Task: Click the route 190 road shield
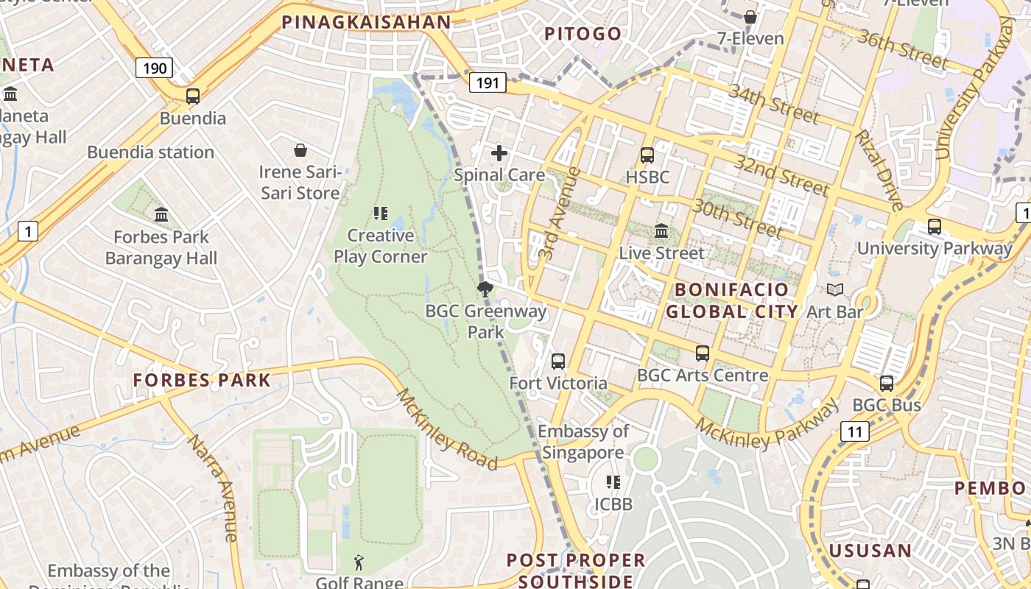coord(154,68)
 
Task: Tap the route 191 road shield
coord(488,82)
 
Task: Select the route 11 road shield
coord(854,431)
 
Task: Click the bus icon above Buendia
coord(193,96)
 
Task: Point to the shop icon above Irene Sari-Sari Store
coord(300,151)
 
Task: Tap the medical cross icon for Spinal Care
coord(499,153)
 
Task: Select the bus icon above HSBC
coord(647,155)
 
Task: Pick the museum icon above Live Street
coord(661,231)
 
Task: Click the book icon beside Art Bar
coord(834,290)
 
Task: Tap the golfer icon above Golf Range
coord(359,563)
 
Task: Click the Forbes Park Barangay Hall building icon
coord(161,215)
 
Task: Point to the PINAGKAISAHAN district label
coord(366,22)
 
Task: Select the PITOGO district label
coord(583,34)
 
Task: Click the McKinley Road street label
coord(447,429)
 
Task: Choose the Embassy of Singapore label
coord(583,442)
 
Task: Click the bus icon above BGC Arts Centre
coord(703,353)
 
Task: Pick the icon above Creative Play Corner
coord(381,214)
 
